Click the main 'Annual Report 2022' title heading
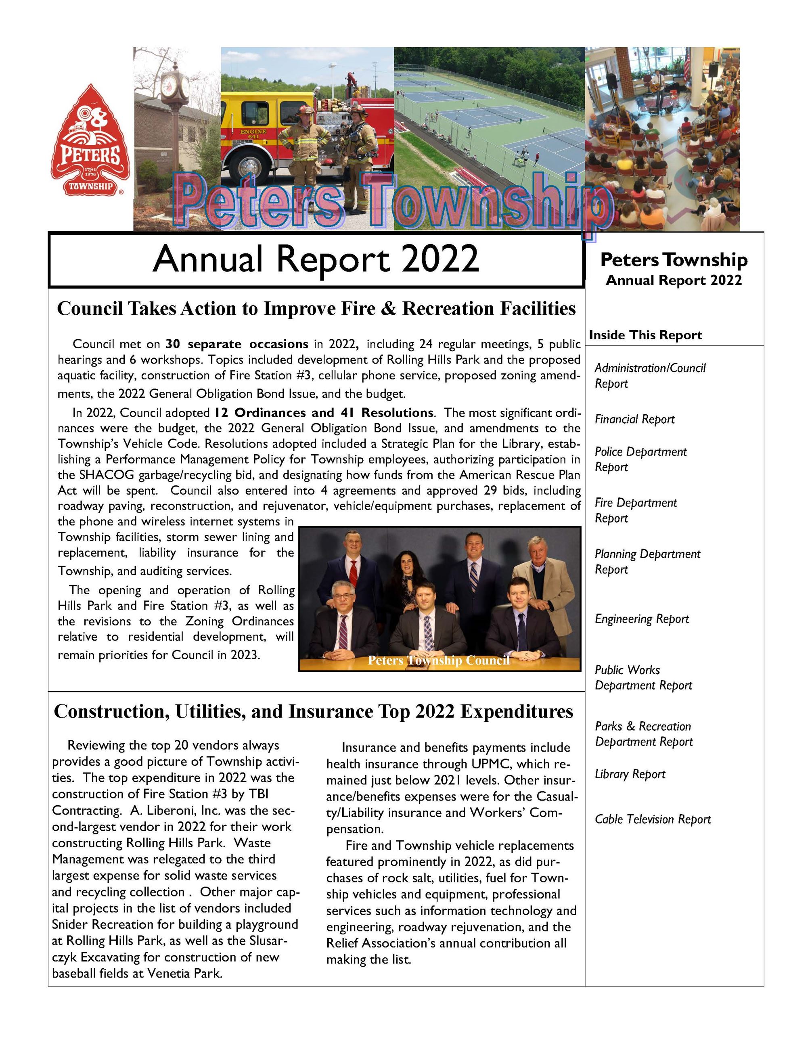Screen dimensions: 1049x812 tap(316, 259)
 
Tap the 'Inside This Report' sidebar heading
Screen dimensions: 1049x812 tap(645, 335)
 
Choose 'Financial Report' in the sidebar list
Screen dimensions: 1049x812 tap(634, 419)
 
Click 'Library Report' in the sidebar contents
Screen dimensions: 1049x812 tap(630, 774)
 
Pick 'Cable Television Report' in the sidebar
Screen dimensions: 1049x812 tap(653, 819)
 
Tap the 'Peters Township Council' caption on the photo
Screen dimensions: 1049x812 tap(438, 660)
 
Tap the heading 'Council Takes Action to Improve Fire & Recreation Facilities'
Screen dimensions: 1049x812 tap(316, 308)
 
